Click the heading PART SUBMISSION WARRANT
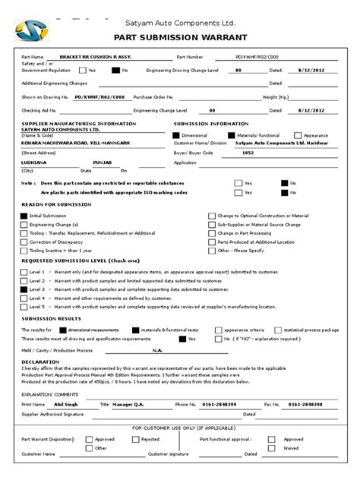(x=179, y=37)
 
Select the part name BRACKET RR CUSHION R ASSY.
(x=100, y=57)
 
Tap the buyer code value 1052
(x=269, y=152)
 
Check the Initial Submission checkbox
(x=24, y=216)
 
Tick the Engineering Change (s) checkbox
(x=24, y=225)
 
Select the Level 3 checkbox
(x=24, y=289)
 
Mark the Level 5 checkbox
(x=24, y=307)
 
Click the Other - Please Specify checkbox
(x=211, y=250)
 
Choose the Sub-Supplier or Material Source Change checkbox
(x=211, y=225)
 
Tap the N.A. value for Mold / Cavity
(x=157, y=350)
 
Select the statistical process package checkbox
(x=278, y=330)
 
